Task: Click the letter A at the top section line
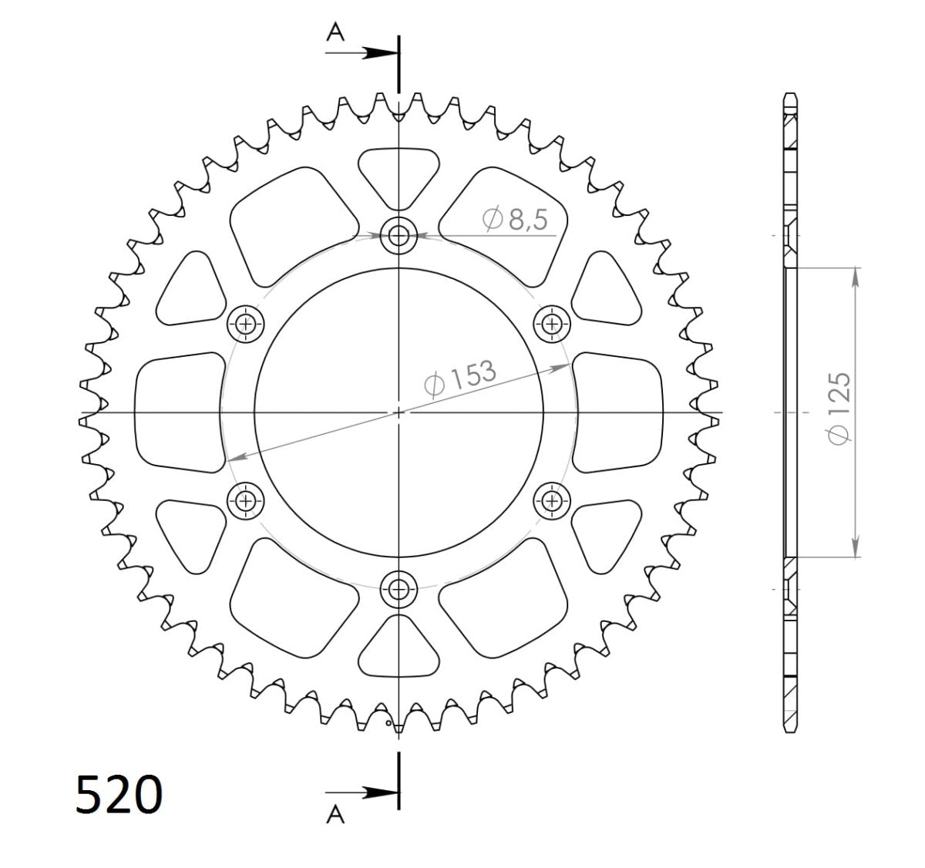coord(335,31)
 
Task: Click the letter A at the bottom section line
coord(335,816)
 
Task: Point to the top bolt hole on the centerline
coord(399,236)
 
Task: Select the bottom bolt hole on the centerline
coord(399,590)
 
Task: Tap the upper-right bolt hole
coord(552,324)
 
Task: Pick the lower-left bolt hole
coord(246,501)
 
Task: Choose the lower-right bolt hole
coord(552,501)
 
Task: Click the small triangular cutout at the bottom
coord(399,647)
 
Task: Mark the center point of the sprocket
coord(399,412)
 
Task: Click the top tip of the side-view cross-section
coord(789,94)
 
